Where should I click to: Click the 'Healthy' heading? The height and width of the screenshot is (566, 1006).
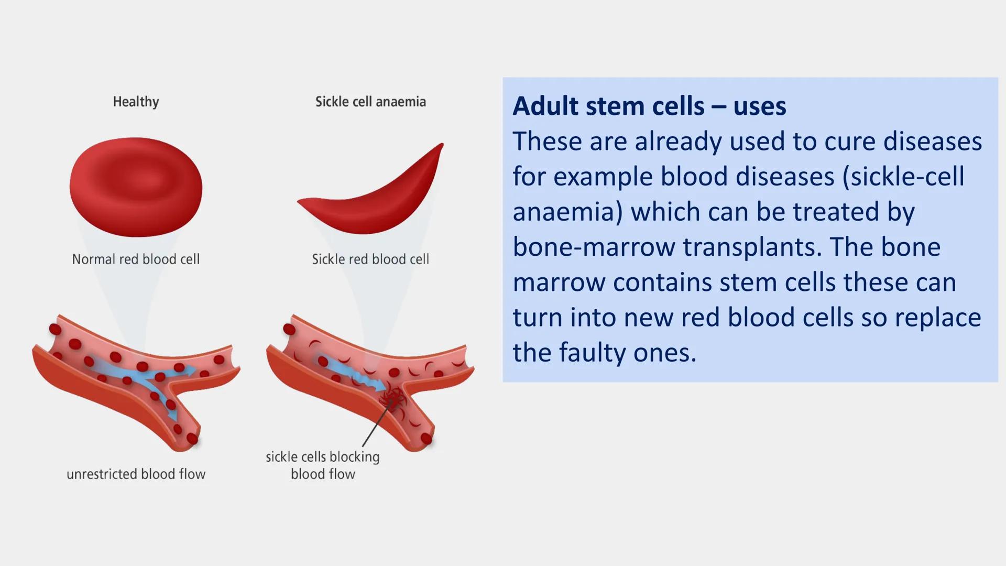coord(136,102)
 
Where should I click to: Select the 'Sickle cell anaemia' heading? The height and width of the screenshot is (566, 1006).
coord(370,102)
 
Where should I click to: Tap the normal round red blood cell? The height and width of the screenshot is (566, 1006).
coord(136,187)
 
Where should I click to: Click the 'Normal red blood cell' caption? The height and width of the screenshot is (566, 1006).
coord(136,259)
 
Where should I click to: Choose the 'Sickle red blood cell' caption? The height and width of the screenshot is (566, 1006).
coord(370,259)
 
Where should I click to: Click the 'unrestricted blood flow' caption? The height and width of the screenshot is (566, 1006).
coord(136,474)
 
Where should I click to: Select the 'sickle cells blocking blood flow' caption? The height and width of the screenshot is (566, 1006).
coord(323,465)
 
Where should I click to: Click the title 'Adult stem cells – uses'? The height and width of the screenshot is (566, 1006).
coord(649,106)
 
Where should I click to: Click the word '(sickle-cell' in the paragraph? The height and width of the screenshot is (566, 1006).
coord(903,177)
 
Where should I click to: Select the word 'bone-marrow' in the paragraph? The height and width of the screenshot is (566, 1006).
coord(594,247)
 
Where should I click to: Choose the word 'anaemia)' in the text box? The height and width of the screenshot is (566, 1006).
coord(567,212)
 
